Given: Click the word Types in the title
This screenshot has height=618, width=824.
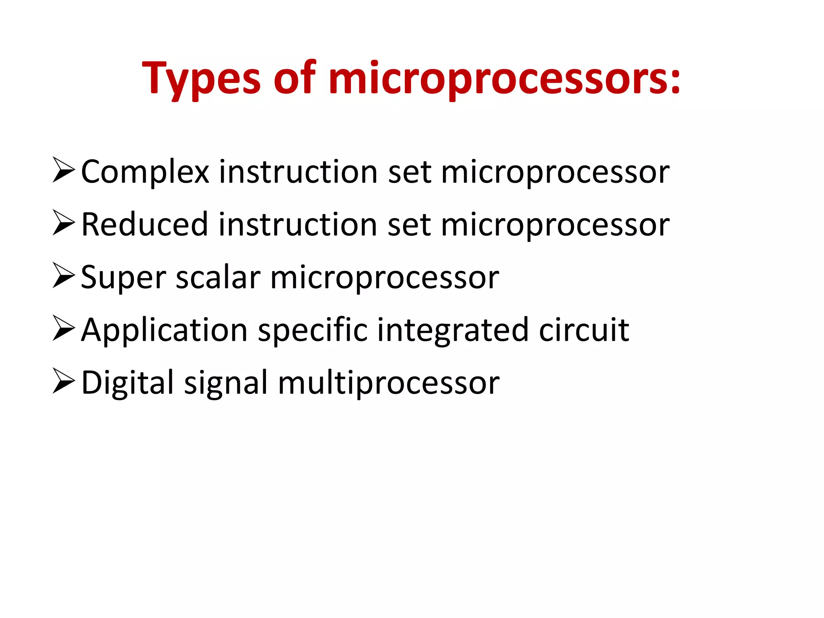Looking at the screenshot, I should pos(201,79).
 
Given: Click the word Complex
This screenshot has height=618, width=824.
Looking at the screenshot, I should pos(145,173).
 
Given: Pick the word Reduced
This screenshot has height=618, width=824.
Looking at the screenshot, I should pos(144,225).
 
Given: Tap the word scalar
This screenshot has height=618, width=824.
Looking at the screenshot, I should pos(218,278).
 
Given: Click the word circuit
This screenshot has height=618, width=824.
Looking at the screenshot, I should pos(584,330).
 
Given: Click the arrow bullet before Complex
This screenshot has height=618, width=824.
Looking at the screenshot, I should pos(64,171).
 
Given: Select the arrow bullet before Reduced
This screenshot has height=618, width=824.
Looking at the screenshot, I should pos(64,223).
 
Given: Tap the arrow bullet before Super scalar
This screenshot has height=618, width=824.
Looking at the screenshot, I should pos(64,276).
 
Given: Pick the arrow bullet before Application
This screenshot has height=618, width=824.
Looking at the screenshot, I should pos(64,329).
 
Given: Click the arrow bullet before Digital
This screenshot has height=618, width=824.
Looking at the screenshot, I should pos(64,381).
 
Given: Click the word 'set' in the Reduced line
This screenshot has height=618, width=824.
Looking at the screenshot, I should pos(409,225).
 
